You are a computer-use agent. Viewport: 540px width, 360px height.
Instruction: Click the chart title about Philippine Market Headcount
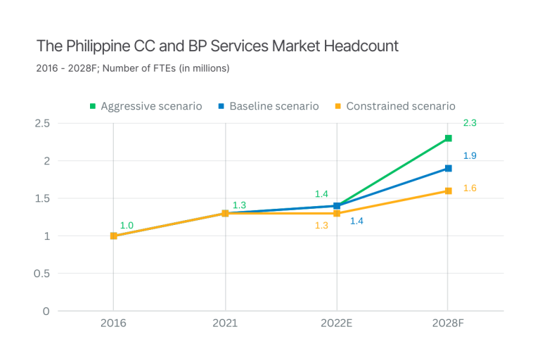[x=217, y=47]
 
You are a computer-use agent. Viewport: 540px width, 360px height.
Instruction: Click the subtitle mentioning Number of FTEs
[x=133, y=69]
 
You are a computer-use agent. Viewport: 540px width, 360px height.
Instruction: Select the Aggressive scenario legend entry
[x=146, y=106]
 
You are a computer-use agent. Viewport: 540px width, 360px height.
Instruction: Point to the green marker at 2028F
[x=449, y=139]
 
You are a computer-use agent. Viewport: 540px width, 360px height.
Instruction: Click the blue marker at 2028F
[x=449, y=169]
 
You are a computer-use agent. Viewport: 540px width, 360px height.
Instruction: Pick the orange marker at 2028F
[x=449, y=191]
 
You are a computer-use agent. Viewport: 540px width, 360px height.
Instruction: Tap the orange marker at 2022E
[x=337, y=214]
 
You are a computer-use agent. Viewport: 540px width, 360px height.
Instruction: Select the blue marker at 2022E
[x=337, y=205]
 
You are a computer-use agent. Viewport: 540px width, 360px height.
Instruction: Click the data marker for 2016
[x=113, y=236]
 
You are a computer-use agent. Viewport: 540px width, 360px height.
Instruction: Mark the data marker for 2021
[x=225, y=213]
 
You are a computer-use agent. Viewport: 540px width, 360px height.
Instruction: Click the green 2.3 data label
[x=470, y=124]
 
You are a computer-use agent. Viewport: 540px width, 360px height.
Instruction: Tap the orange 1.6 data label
[x=470, y=188]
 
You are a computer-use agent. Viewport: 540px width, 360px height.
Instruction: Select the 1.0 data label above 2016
[x=127, y=226]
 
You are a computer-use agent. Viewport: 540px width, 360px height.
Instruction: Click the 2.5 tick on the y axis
[x=42, y=123]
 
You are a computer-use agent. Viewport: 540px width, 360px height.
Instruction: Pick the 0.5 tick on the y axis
[x=42, y=274]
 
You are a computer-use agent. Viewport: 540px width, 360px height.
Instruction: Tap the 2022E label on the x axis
[x=337, y=323]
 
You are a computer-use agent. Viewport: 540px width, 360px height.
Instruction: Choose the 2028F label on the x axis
[x=449, y=323]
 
